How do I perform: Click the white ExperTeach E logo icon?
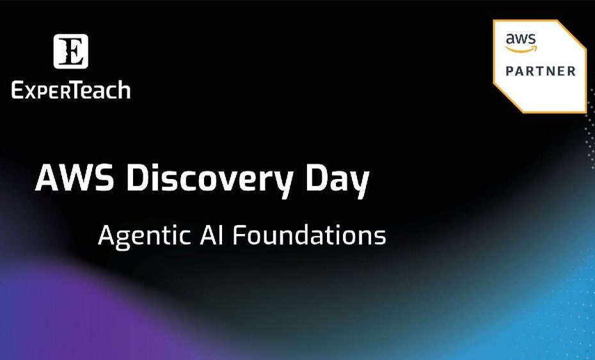70,51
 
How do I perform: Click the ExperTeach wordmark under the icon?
71,91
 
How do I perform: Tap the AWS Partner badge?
540,67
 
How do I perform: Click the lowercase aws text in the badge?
521,39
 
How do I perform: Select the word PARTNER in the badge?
541,71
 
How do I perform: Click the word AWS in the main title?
74,178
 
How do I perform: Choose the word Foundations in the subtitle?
309,235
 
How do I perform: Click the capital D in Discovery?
136,178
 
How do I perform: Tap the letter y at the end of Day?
360,184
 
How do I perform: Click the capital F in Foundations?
240,235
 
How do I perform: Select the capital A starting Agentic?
106,235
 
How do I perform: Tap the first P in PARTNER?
511,71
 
